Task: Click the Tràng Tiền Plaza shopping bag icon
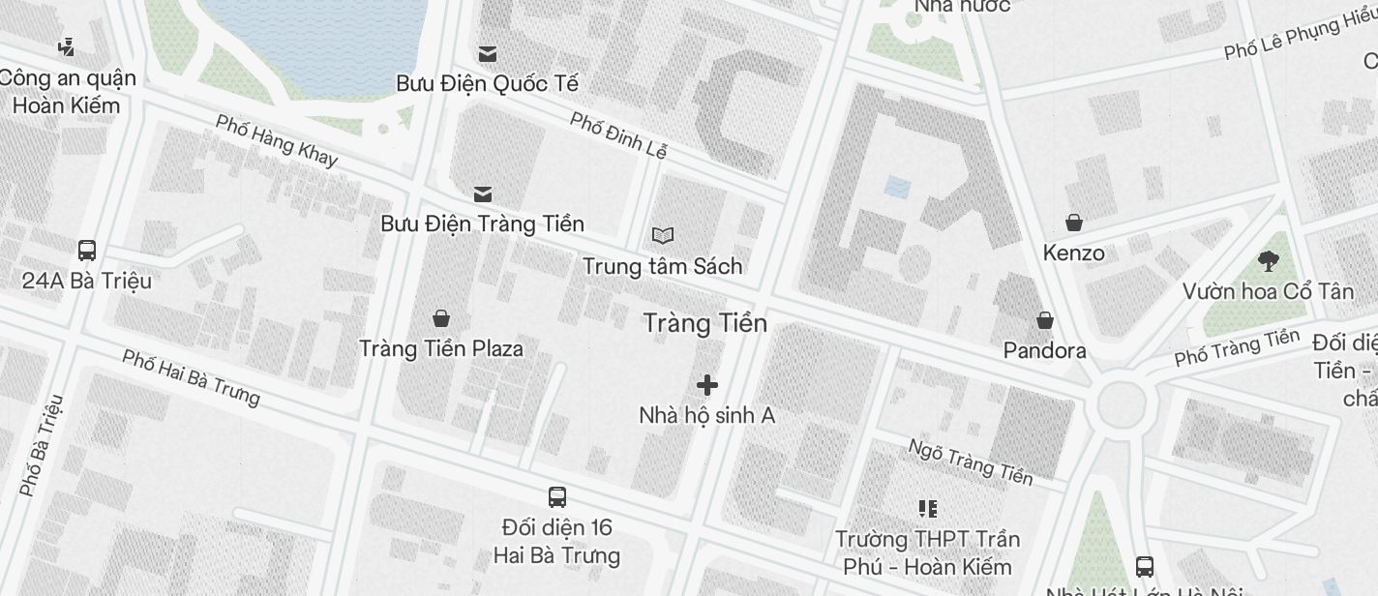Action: [x=441, y=317]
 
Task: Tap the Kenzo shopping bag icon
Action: [x=1073, y=223]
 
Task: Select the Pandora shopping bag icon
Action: [x=1045, y=319]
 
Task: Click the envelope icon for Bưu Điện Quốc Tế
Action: [x=488, y=53]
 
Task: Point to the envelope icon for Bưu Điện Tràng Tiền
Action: [x=482, y=194]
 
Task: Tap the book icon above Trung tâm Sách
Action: [x=663, y=235]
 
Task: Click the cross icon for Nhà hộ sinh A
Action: [x=707, y=385]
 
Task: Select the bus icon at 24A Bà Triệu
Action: [x=87, y=251]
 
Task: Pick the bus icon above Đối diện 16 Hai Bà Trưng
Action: [x=557, y=497]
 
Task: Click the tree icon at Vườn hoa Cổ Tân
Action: [x=1268, y=260]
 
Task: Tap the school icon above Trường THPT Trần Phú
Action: [x=928, y=508]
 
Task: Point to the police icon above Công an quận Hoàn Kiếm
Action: [x=67, y=46]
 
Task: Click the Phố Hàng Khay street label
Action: [x=277, y=140]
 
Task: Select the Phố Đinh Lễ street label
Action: [x=618, y=135]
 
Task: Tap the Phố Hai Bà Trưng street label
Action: [x=192, y=376]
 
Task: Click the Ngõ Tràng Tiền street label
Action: [x=971, y=461]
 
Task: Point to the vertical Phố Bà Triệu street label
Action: [x=43, y=445]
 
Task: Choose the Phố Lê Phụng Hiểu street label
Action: [x=1300, y=37]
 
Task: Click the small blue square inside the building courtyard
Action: [x=897, y=187]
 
